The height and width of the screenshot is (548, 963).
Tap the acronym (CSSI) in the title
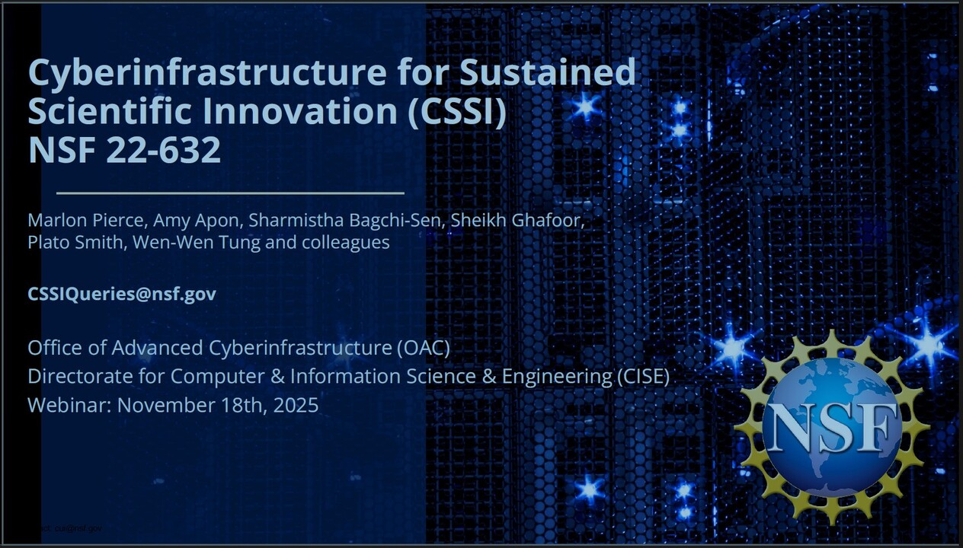point(457,111)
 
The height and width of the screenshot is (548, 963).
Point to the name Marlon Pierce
point(87,221)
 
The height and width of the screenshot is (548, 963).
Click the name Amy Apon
point(198,221)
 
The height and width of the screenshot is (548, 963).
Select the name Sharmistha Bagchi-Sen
point(347,221)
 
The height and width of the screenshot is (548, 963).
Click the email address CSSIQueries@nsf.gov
point(122,295)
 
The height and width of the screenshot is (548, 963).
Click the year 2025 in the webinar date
point(295,405)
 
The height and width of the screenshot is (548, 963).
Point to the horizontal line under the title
point(230,193)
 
